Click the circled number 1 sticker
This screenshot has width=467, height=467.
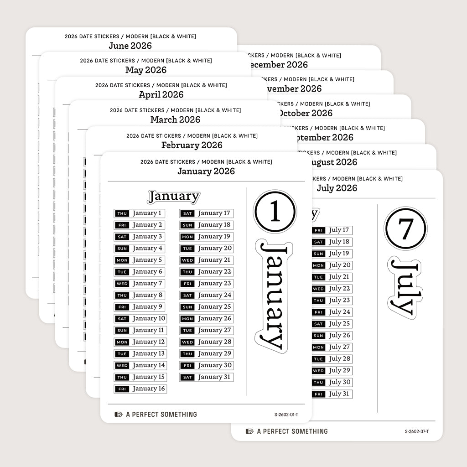[x=275, y=212]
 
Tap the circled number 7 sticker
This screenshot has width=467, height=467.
[x=405, y=228]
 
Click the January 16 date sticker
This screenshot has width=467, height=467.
[x=140, y=389]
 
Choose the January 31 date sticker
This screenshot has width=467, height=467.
[x=206, y=377]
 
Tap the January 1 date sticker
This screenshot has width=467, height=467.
[x=140, y=213]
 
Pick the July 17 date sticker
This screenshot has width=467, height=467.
[x=332, y=230]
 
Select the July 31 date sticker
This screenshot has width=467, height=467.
[x=332, y=394]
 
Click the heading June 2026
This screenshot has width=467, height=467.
[x=130, y=46]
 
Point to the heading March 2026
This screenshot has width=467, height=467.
[x=175, y=119]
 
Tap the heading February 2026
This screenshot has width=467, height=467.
[x=192, y=145]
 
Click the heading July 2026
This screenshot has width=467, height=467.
[x=337, y=188]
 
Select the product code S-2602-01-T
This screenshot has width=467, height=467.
[x=286, y=415]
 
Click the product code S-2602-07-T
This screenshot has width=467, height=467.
[x=417, y=431]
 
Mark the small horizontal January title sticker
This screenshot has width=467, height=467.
[x=173, y=197]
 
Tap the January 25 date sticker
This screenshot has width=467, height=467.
[x=206, y=307]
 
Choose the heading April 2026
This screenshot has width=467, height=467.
[x=161, y=95]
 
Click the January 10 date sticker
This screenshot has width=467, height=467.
[x=140, y=319]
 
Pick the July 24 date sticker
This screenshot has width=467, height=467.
[x=332, y=312]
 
